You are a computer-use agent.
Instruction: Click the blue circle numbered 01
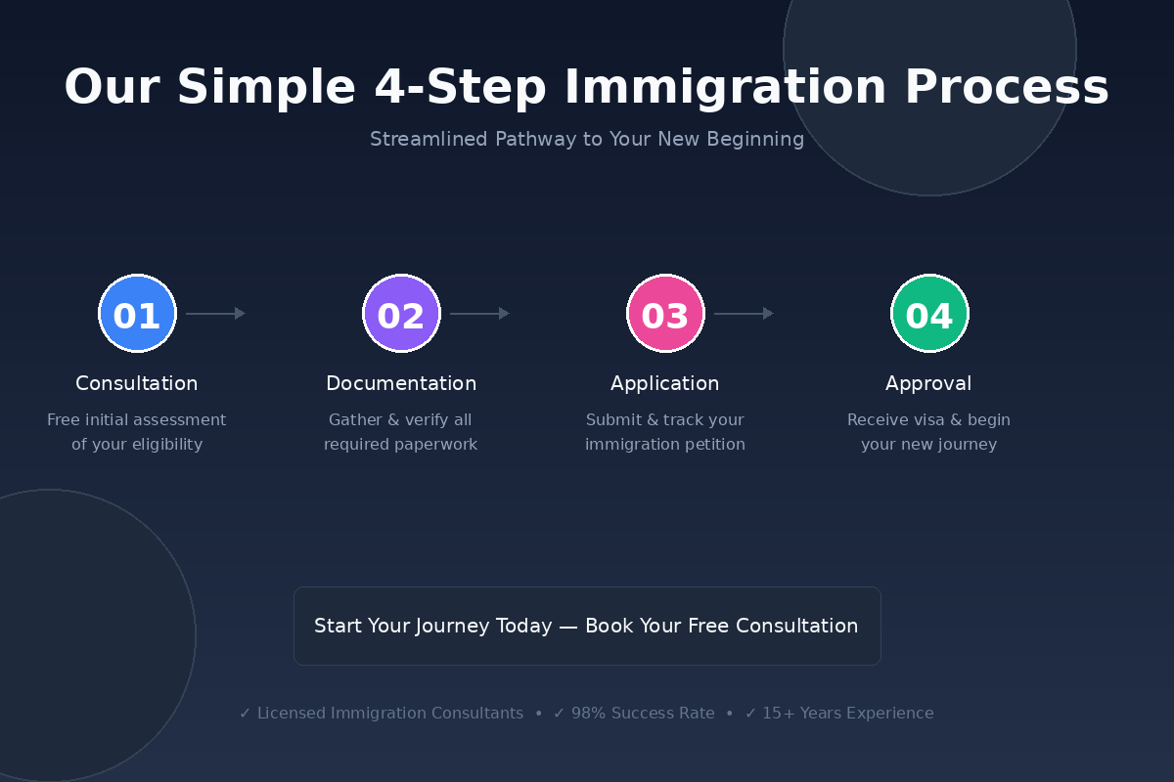coord(137,314)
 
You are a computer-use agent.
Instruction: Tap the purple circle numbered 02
coord(401,314)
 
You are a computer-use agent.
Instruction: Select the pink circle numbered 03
coord(665,314)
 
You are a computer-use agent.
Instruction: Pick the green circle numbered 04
coord(929,314)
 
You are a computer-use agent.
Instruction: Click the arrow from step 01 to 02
coord(215,314)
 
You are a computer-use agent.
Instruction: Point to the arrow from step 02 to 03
coord(479,314)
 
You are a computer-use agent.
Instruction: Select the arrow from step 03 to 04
coord(744,314)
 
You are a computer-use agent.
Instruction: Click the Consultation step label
coord(137,384)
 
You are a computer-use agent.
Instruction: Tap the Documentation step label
coord(401,384)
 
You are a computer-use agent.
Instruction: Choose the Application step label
coord(665,384)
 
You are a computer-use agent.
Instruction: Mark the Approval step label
coord(928,384)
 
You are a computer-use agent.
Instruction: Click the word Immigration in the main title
coord(725,88)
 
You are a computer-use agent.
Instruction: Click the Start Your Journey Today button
coord(587,626)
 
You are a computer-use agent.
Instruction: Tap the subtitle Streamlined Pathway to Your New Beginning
coord(587,140)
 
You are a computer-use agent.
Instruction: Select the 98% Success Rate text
coord(642,714)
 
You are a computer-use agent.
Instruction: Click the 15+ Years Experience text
coord(847,714)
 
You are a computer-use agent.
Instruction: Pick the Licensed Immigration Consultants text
coord(389,714)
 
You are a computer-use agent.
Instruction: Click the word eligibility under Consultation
coord(158,445)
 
